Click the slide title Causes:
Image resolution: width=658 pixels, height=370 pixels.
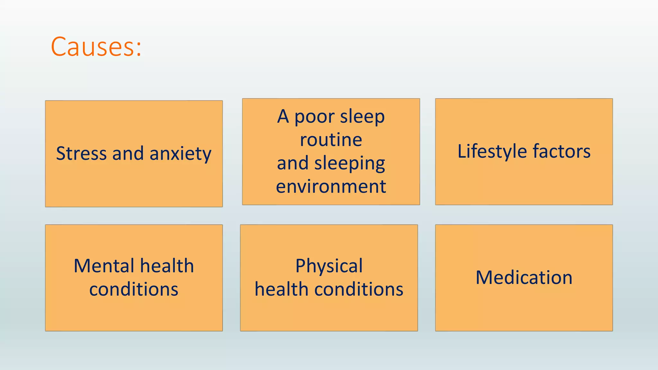click(96, 47)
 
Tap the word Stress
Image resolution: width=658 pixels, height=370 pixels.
click(81, 153)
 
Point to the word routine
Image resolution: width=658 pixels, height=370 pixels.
click(331, 140)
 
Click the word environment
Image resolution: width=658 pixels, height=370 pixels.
click(331, 187)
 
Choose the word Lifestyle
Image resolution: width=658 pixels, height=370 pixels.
click(492, 152)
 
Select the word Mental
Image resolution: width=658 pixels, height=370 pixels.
click(104, 266)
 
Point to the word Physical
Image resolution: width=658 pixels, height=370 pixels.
click(329, 266)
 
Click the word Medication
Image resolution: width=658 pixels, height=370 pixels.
click(524, 277)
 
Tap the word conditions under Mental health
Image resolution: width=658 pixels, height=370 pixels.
click(134, 289)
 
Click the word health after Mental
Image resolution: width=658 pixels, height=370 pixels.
click(167, 266)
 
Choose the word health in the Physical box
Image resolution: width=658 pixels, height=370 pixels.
click(281, 289)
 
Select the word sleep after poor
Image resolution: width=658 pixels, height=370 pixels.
click(362, 116)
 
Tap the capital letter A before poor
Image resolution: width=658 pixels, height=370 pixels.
click(283, 116)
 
